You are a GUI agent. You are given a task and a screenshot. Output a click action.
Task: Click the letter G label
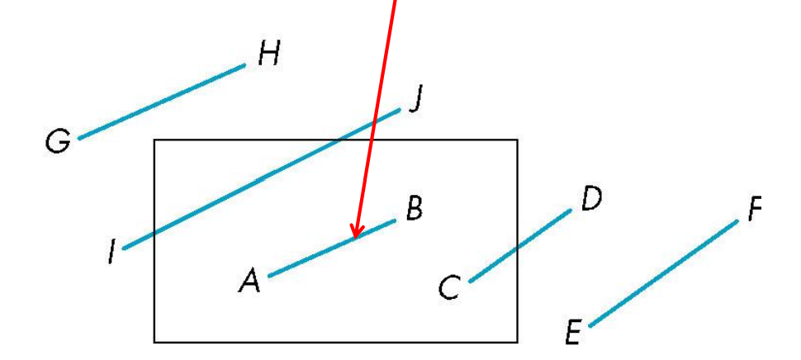tap(57, 141)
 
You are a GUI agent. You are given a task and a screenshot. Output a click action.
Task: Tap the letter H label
tap(268, 55)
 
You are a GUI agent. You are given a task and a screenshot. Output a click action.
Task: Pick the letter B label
tap(415, 210)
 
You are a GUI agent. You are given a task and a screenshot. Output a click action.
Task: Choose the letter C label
tap(449, 288)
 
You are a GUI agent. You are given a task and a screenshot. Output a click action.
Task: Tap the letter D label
tap(591, 199)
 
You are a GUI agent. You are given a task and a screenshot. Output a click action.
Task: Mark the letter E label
tap(573, 334)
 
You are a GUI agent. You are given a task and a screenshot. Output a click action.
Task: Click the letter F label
tap(755, 211)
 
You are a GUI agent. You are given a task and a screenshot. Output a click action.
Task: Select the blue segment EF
tap(664, 273)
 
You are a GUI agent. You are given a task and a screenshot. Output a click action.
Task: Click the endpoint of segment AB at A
tap(270, 275)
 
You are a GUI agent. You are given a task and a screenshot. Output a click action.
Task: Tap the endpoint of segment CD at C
tap(471, 281)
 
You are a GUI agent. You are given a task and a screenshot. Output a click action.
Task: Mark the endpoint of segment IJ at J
tap(400, 107)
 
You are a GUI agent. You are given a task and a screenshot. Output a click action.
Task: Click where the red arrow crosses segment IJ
tap(374, 121)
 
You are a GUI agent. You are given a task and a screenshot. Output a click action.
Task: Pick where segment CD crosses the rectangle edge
tap(518, 247)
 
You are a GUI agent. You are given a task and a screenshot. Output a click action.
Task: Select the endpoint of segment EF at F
tap(737, 221)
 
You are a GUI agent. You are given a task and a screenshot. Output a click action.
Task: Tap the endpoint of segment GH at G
tap(79, 137)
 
